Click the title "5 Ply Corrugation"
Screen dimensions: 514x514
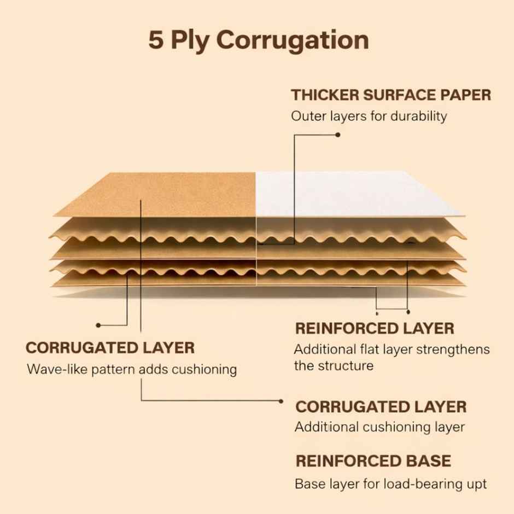(x=259, y=40)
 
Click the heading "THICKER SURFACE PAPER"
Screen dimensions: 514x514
(x=391, y=95)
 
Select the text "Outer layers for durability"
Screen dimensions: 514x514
(x=369, y=116)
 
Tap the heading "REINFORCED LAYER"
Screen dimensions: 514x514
(x=375, y=329)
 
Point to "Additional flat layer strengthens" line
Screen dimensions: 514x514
(x=392, y=349)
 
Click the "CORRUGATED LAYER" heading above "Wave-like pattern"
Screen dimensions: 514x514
(x=110, y=348)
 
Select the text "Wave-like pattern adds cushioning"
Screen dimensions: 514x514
(x=132, y=370)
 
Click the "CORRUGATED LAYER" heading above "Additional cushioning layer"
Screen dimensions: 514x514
(x=381, y=407)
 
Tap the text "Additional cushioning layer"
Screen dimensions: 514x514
(x=379, y=427)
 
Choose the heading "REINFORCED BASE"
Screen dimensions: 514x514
(x=373, y=461)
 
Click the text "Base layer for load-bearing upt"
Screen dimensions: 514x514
(x=391, y=484)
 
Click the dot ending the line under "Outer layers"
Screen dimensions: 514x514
(x=338, y=135)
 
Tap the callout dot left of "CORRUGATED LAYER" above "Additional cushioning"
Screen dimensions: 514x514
(x=281, y=401)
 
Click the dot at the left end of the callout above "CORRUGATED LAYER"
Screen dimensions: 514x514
(x=98, y=325)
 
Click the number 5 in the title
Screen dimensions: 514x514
(x=156, y=40)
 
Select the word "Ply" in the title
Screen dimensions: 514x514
(x=190, y=42)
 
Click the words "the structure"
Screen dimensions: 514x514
(x=334, y=366)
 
